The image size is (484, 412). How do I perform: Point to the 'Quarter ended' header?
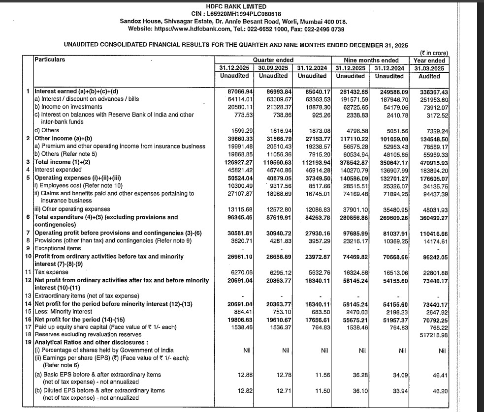[x=273, y=60]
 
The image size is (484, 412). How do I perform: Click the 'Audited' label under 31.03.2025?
[x=429, y=76]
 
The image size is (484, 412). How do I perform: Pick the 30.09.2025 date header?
[x=273, y=68]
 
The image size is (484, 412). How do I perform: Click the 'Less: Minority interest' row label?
[x=64, y=311]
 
